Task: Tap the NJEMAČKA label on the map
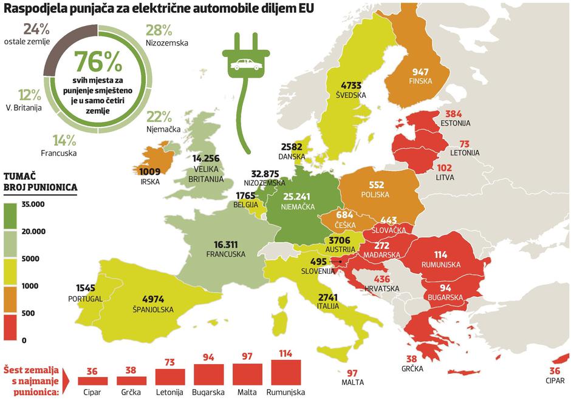click(x=298, y=207)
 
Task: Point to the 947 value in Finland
click(x=420, y=72)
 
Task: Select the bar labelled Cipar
click(x=92, y=381)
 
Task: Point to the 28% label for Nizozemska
click(x=159, y=31)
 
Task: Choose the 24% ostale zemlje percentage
click(x=36, y=29)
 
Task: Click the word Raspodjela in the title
click(x=35, y=10)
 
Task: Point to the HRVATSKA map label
click(x=381, y=288)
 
